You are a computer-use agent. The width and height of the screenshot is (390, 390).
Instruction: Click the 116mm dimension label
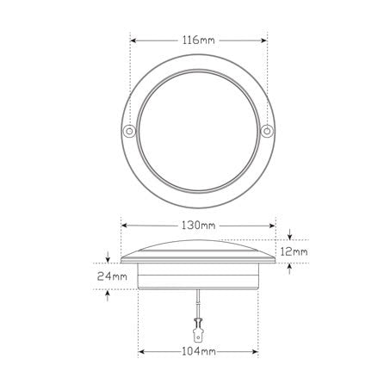click(198, 40)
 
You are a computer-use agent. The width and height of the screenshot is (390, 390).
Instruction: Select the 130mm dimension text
click(198, 225)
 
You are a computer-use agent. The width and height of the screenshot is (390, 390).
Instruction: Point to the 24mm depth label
click(113, 276)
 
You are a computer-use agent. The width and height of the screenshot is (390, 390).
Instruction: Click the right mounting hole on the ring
click(268, 131)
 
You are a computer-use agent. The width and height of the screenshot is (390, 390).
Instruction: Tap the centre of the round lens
click(198, 129)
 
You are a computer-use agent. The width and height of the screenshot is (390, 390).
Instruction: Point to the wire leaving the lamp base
click(198, 302)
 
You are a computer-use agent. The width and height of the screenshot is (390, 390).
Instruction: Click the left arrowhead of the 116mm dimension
click(134, 40)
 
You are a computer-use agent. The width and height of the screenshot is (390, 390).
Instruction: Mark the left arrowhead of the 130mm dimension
click(124, 225)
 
